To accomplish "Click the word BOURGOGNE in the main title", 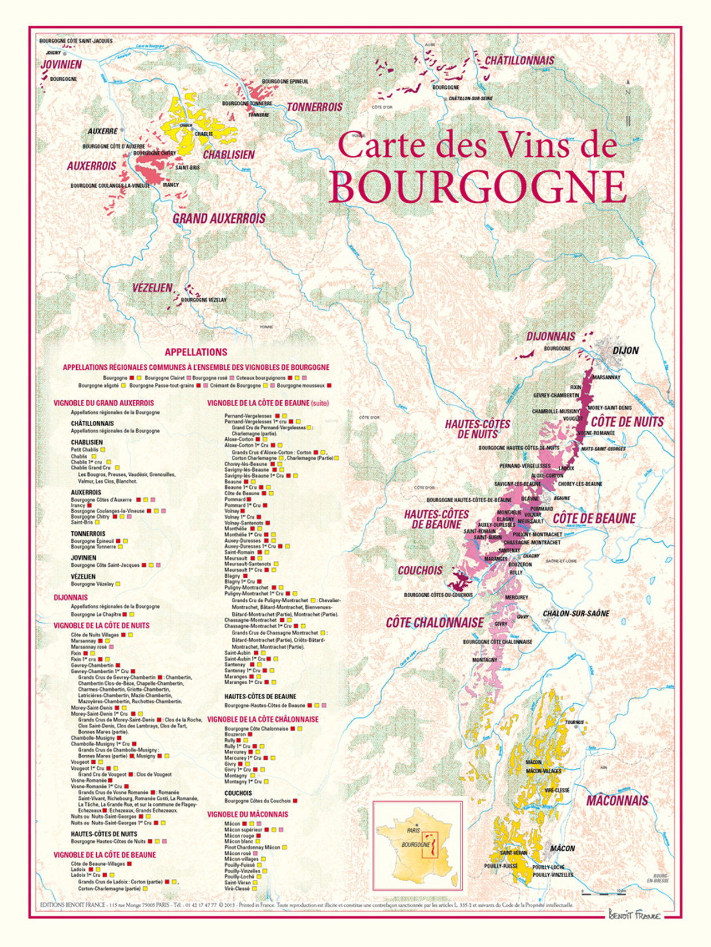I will [477, 186].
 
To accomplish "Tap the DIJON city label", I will [626, 350].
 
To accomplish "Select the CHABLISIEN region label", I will [229, 155].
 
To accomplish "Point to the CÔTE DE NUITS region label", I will [627, 422].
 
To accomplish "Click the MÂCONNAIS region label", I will [617, 800].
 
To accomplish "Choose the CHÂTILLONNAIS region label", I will [520, 61].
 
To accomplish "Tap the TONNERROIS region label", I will [315, 107].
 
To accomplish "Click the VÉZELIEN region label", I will [152, 288].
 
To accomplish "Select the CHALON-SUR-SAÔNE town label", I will [576, 613].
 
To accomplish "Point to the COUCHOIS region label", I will [420, 571].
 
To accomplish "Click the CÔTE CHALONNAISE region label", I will [435, 623].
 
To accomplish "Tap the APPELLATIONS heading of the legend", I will [196, 352].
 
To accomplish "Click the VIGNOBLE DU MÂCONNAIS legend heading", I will [248, 814].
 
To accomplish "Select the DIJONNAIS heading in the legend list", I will [70, 597].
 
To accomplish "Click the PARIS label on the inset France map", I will [413, 830].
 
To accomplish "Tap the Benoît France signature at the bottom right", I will [634, 916].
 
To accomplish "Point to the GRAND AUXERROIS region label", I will [219, 219].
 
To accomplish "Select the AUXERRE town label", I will [103, 131].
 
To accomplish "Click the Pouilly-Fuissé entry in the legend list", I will [239, 865].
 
